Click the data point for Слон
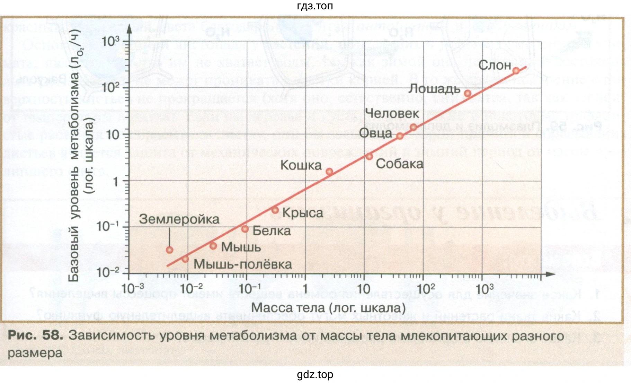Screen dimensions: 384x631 point(516,71)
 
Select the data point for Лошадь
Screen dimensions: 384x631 point(468,94)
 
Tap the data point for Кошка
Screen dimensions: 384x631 point(329,172)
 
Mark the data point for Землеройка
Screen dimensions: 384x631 point(169,250)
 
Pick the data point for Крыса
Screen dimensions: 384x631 point(275,210)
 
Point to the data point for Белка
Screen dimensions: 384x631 point(245,229)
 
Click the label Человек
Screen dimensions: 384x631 point(392,113)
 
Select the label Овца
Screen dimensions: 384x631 point(375,133)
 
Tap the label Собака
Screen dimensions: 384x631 point(399,164)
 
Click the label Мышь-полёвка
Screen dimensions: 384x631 point(242,264)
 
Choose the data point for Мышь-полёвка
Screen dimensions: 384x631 point(185,259)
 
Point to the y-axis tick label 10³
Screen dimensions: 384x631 point(110,42)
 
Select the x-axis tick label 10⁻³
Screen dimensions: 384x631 point(133,288)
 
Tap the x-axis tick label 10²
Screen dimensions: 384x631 point(426,288)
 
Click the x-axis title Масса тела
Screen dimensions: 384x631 point(328,308)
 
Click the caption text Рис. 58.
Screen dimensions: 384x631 point(35,335)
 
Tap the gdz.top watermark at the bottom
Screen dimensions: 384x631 point(315,375)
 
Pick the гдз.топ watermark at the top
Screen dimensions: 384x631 point(315,6)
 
